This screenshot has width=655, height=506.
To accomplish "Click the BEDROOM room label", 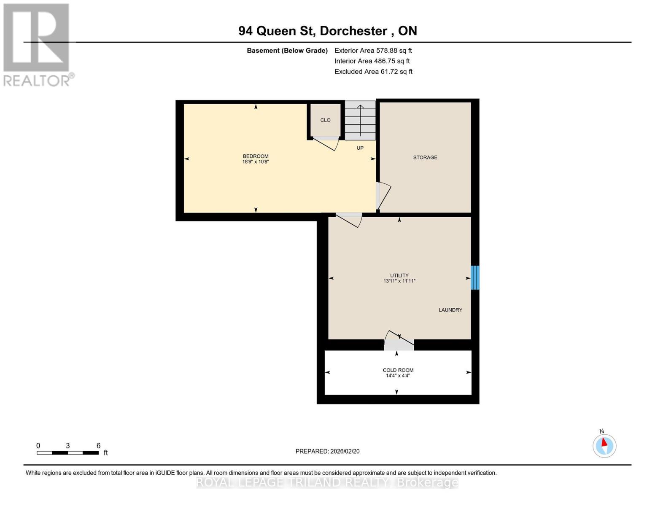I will pyautogui.click(x=256, y=156).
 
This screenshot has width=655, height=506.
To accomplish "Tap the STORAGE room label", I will pyautogui.click(x=425, y=157).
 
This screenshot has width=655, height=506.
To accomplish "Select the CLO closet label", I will pyautogui.click(x=325, y=120).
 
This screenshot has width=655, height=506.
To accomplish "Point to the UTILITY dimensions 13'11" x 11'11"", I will pyautogui.click(x=399, y=281).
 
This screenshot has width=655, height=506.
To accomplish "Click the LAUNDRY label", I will pyautogui.click(x=450, y=310).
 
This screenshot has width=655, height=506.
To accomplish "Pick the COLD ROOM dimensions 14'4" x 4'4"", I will pyautogui.click(x=398, y=376).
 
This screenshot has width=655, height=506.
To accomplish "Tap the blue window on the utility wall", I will pyautogui.click(x=475, y=277).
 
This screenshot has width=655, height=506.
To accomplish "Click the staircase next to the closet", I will pyautogui.click(x=360, y=121).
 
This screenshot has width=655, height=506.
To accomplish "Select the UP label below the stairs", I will pyautogui.click(x=360, y=148).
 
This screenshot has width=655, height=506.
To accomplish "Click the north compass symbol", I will pyautogui.click(x=604, y=445).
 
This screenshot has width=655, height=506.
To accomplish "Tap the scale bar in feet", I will pyautogui.click(x=67, y=453).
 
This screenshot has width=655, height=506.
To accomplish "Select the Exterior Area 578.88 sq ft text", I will pyautogui.click(x=373, y=51).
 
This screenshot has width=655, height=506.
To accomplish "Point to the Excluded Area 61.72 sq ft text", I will pyautogui.click(x=373, y=72).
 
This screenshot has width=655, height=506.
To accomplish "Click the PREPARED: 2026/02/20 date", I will pyautogui.click(x=327, y=451).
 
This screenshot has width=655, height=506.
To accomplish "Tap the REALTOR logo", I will pyautogui.click(x=37, y=44).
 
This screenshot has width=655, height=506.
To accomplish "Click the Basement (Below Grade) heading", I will pyautogui.click(x=287, y=51).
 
